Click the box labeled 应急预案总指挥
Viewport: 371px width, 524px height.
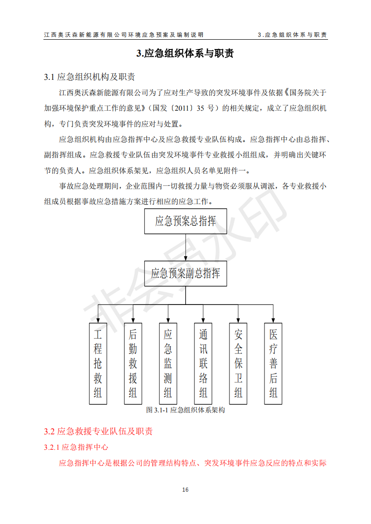(x=185, y=221)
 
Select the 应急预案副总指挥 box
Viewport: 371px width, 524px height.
(x=185, y=273)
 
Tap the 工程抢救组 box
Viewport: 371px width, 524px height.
(x=98, y=364)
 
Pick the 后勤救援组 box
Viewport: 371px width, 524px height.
(x=133, y=364)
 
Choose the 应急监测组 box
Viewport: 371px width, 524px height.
(x=168, y=364)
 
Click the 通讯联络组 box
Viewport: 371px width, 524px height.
(x=203, y=364)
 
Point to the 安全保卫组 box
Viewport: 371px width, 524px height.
(x=238, y=364)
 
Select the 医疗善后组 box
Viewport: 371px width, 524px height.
(x=273, y=364)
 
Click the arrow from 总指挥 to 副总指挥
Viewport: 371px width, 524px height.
(x=185, y=248)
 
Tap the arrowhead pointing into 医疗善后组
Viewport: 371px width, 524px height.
(x=273, y=320)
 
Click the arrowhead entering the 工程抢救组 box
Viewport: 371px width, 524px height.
(x=98, y=320)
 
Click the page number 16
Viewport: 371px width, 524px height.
(x=185, y=489)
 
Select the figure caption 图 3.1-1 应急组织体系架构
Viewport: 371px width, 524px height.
(x=185, y=410)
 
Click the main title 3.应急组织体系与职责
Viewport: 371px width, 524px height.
(x=185, y=53)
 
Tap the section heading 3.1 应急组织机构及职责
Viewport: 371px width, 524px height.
(x=89, y=77)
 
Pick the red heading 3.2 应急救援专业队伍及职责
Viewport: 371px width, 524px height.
(x=98, y=432)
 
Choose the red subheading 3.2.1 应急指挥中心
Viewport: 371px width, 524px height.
(x=76, y=447)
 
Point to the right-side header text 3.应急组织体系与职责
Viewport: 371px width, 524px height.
(x=293, y=35)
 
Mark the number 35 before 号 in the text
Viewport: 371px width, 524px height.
(x=200, y=108)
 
